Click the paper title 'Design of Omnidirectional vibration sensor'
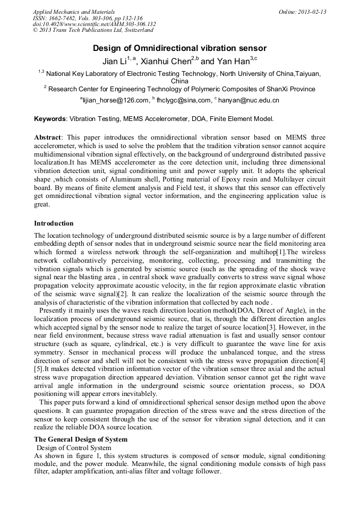click(179, 48)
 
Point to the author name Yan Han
click(232, 62)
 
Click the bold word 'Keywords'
click(50, 119)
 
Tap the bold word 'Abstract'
click(48, 137)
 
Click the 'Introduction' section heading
click(54, 223)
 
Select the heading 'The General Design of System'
click(81, 439)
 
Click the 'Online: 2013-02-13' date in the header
click(302, 12)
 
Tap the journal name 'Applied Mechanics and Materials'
click(74, 12)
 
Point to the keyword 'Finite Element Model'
click(244, 119)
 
